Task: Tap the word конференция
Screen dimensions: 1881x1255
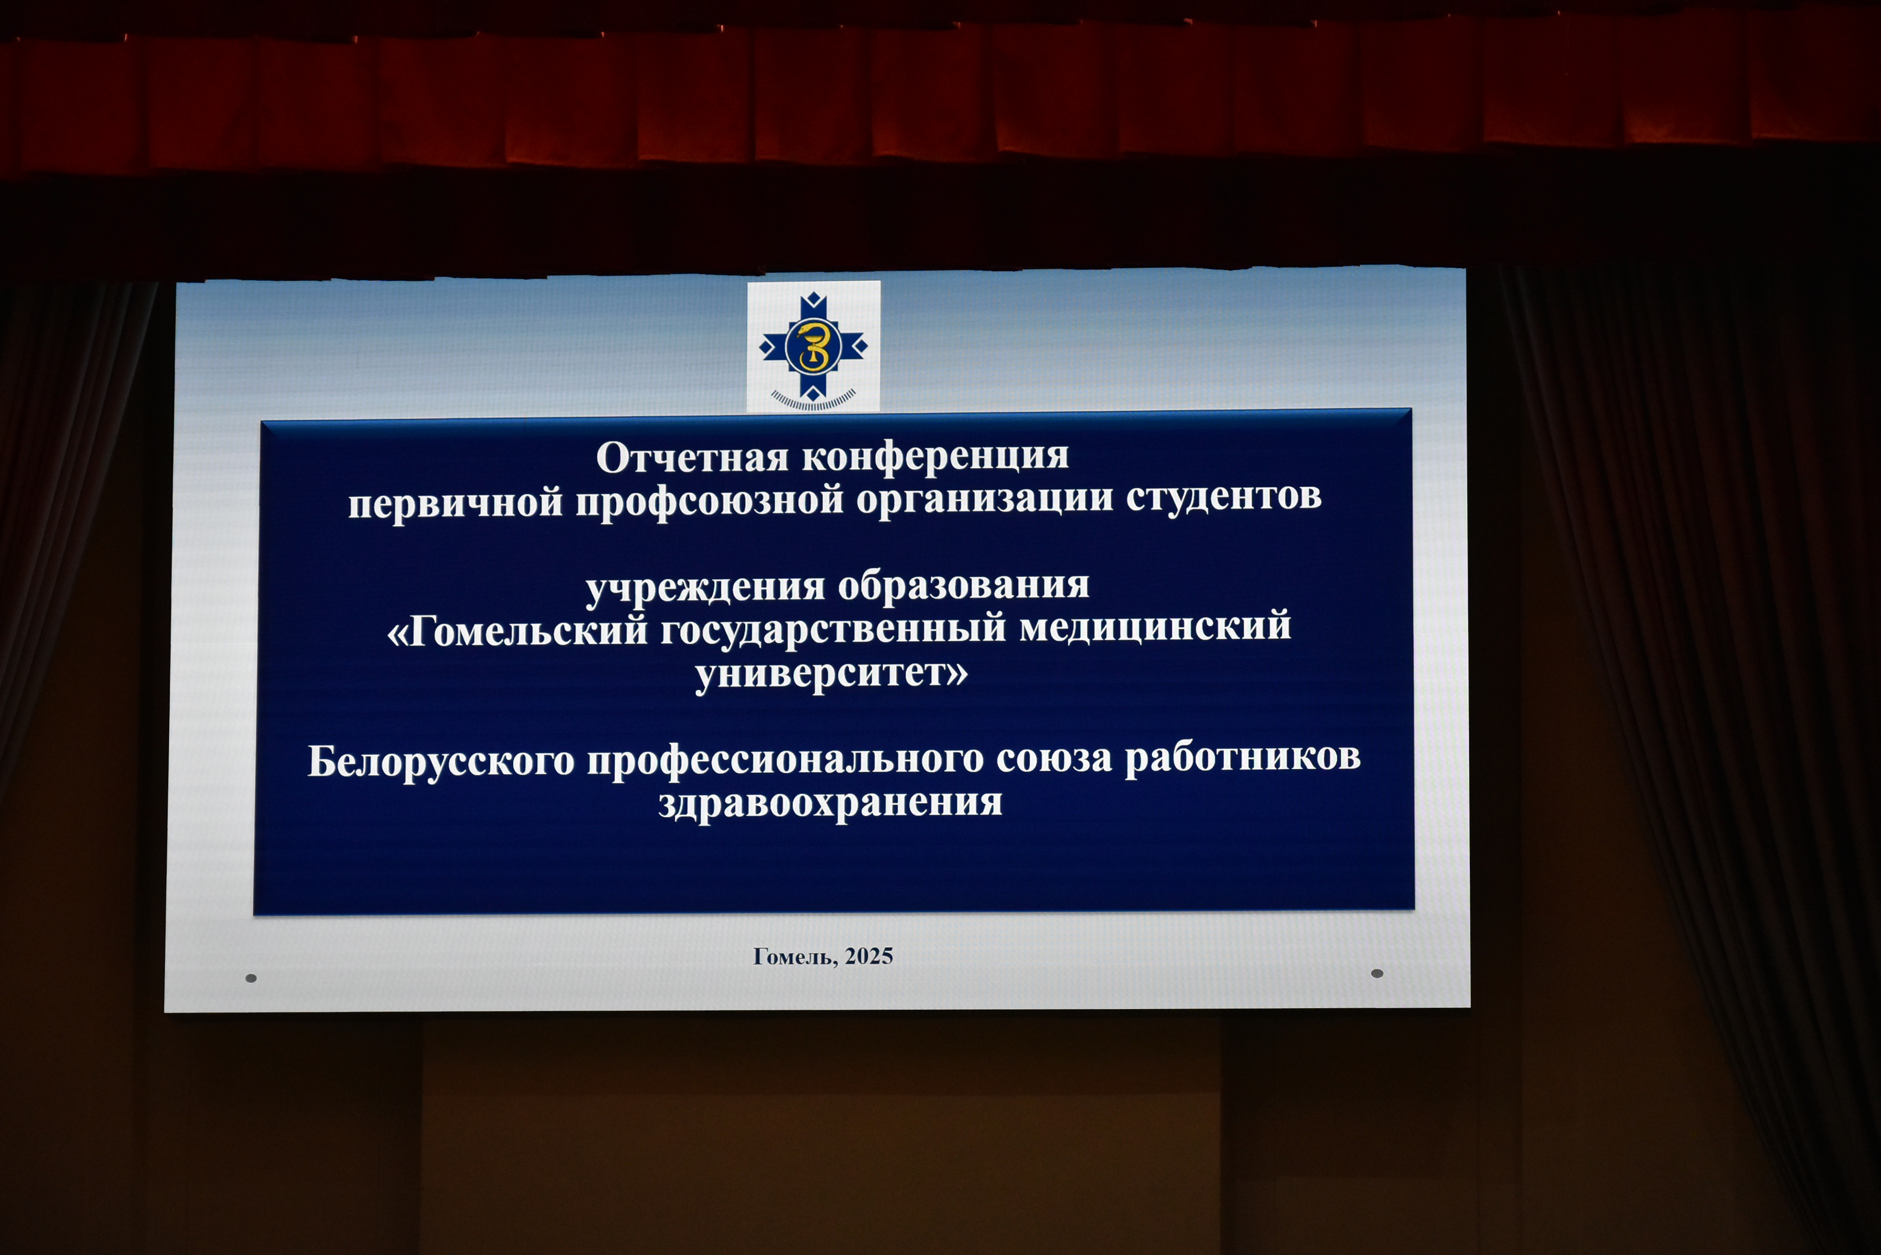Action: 935,457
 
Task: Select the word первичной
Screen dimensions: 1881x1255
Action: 456,503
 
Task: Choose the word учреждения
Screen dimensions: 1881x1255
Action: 705,588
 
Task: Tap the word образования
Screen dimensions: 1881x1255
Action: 963,585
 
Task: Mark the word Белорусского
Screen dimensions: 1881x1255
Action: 441,762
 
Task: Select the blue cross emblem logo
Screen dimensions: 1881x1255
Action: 813,346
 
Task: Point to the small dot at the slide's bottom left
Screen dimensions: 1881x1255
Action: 251,978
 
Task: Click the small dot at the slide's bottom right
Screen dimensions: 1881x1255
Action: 1377,973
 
